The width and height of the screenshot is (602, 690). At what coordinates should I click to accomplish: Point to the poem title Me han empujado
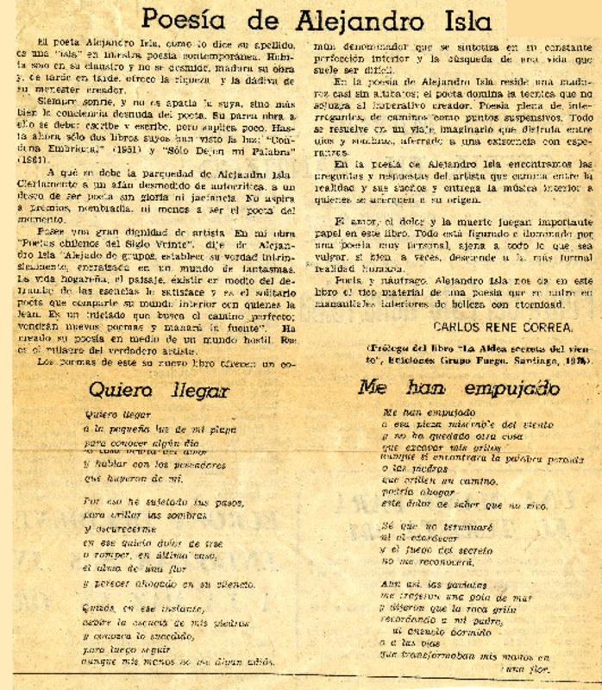coord(447,388)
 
